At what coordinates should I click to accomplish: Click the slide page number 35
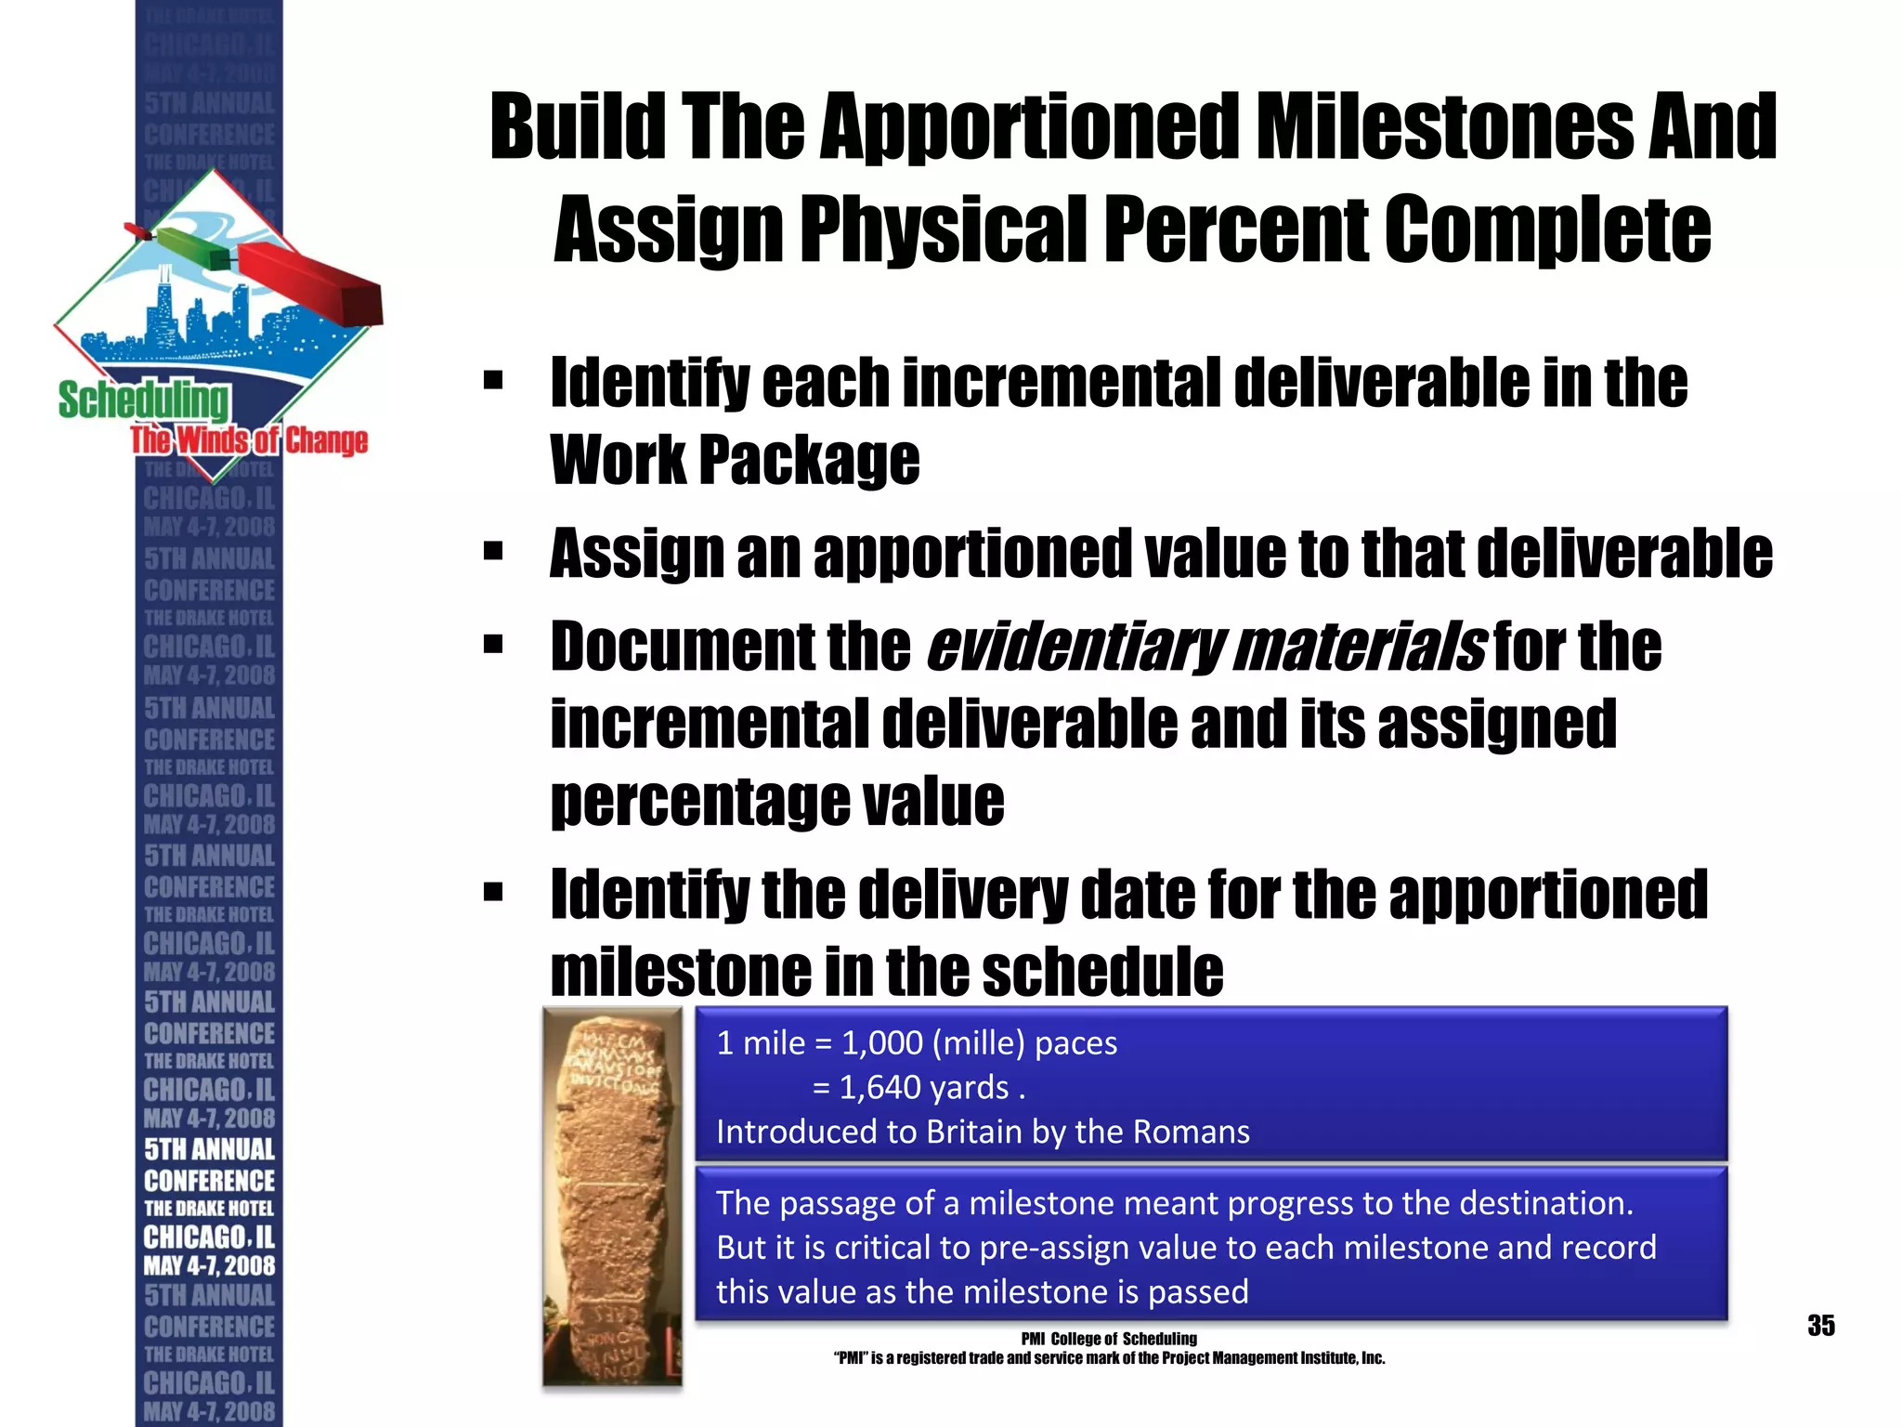click(x=1820, y=1326)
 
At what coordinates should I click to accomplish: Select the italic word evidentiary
click(x=1075, y=647)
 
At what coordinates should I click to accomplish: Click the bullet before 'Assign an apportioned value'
click(x=493, y=553)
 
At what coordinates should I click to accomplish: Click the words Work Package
click(x=735, y=460)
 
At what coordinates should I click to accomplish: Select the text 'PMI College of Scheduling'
click(x=1108, y=1339)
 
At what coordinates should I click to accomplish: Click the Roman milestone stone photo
click(x=613, y=1197)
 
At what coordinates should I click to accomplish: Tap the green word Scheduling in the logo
click(x=143, y=399)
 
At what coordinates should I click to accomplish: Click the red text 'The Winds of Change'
click(x=249, y=440)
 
